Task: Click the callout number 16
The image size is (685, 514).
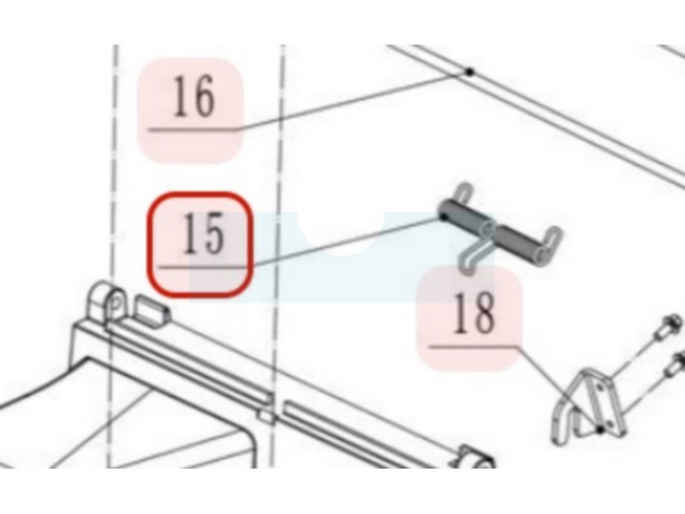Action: click(x=194, y=96)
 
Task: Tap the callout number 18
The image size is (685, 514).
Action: click(x=474, y=313)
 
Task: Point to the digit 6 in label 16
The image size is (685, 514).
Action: click(x=204, y=97)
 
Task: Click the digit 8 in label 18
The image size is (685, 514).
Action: click(x=484, y=313)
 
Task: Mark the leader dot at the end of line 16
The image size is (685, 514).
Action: click(x=469, y=71)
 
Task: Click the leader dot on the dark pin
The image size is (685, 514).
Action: click(x=444, y=216)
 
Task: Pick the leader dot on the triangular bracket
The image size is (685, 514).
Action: click(x=601, y=430)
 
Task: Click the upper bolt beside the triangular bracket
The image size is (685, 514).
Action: click(x=665, y=329)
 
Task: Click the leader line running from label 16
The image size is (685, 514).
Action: click(x=353, y=100)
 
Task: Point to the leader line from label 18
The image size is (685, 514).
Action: click(x=559, y=389)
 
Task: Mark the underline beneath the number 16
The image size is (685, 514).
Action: click(x=193, y=130)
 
